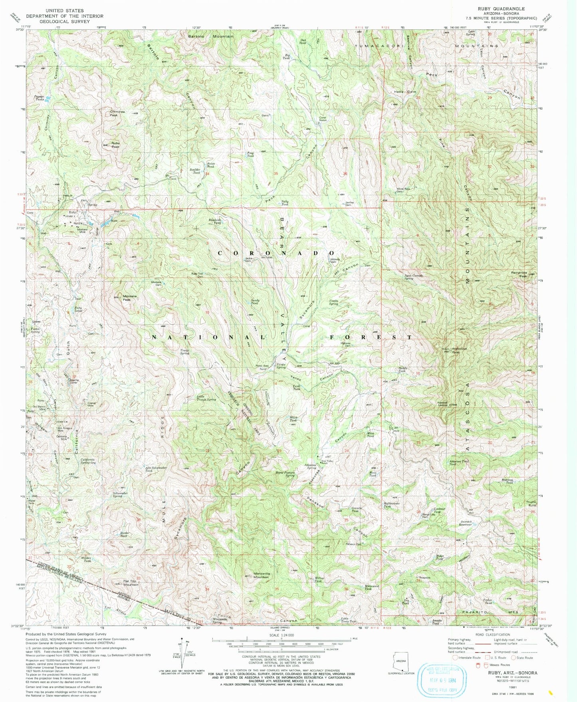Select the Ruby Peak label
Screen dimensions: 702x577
[115, 145]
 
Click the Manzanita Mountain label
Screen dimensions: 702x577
[262, 575]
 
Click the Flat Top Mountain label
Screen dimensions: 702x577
[131, 582]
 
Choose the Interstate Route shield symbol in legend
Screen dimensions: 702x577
[455, 658]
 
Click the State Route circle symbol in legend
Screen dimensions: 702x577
[513, 658]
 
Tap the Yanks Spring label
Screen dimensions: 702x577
[281, 365]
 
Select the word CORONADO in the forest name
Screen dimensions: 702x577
[276, 253]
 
